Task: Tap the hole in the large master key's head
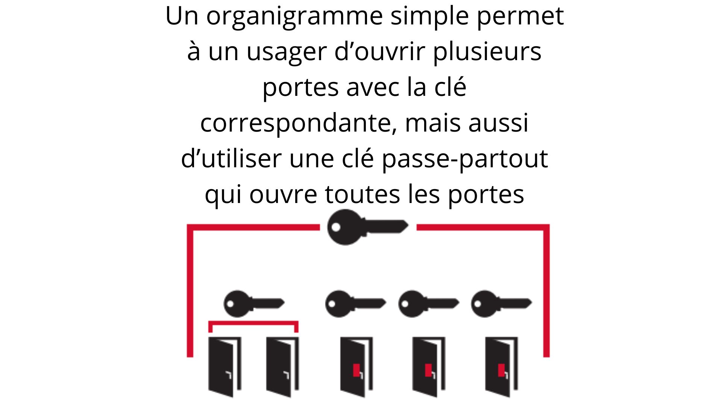pos(336,227)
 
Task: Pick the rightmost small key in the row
pos(501,303)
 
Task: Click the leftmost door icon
pos(225,367)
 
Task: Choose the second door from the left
pos(282,367)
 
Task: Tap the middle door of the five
pos(356,367)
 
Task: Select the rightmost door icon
pos(501,367)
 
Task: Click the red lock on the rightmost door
pos(501,370)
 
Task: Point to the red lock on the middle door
pos(356,370)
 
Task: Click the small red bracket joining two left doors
pos(253,322)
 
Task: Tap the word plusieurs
pos(487,52)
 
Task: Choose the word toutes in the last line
pos(362,195)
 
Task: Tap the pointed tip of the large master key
pos(408,226)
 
